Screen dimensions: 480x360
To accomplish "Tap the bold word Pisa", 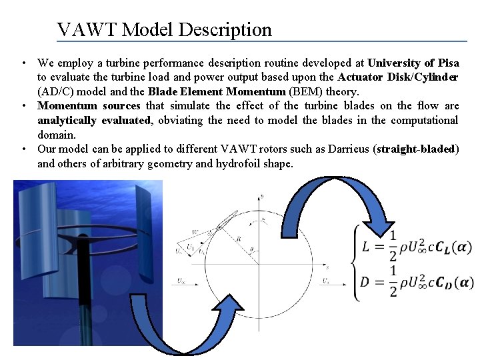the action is [447, 63].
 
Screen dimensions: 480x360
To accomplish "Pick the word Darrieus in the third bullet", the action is [351, 149].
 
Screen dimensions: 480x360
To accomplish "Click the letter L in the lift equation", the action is [367, 247].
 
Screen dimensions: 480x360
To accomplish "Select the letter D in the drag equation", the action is [365, 282].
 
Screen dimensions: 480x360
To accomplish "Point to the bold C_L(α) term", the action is [453, 247].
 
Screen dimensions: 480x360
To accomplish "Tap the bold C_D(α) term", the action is [455, 282].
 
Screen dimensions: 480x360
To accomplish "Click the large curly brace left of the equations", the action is [353, 264].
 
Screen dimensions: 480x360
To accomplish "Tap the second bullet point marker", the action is [23, 106].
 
